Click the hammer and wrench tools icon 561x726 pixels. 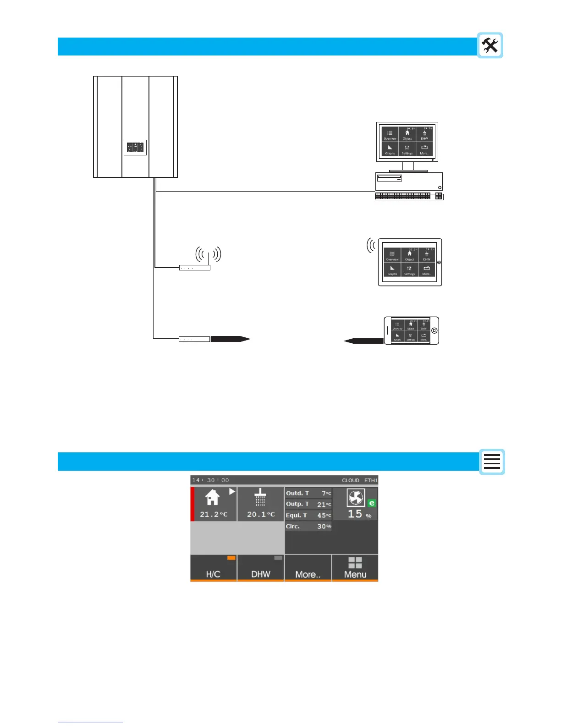tap(490, 45)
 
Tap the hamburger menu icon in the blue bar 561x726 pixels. tap(492, 462)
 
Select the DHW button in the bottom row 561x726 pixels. tap(260, 569)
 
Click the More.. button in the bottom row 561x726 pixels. tap(308, 569)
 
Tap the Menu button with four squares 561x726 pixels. tap(355, 568)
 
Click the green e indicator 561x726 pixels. tap(372, 503)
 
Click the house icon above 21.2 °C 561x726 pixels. tap(212, 497)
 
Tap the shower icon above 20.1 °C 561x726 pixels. tap(260, 497)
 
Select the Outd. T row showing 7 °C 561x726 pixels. tap(308, 493)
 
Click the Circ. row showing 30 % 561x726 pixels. tap(308, 526)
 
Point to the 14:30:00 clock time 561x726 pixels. tap(210, 480)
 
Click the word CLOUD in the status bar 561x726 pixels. tap(351, 480)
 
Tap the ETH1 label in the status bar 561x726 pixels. tap(371, 480)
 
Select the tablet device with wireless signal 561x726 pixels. tap(410, 262)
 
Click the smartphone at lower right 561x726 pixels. tap(411, 330)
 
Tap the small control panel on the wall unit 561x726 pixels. tap(135, 147)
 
